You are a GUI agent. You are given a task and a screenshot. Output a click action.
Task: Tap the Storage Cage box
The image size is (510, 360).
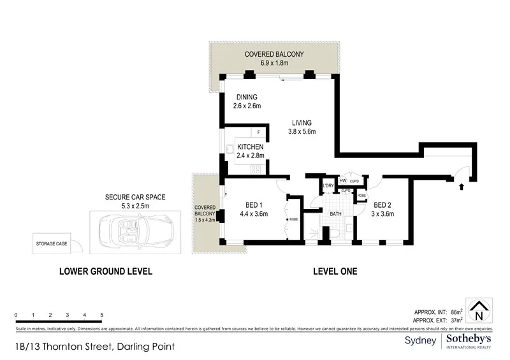pos(52,243)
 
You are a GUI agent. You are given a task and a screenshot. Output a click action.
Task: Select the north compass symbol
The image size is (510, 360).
pos(479,310)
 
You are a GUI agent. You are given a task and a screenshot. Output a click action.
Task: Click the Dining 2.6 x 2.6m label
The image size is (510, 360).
pos(246,101)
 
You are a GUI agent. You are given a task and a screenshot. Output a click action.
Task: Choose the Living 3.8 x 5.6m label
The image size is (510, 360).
pos(302,127)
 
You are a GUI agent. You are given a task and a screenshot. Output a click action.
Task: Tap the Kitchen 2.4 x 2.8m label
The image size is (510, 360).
pos(249,150)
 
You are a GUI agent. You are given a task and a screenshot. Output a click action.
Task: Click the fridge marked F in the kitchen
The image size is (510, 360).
pos(258,133)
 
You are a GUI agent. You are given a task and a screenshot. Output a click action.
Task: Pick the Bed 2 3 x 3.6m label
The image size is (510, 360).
pos(384,209)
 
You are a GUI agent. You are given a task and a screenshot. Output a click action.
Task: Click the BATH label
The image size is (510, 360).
pos(335,214)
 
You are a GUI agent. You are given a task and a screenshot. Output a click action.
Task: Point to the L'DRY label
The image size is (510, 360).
pos(329,186)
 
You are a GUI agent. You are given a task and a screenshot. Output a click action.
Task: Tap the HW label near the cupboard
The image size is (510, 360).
pos(342,181)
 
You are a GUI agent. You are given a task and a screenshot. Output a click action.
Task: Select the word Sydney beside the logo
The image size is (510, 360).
pos(421,340)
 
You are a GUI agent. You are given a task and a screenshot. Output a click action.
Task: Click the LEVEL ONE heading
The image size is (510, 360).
pos(335,271)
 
